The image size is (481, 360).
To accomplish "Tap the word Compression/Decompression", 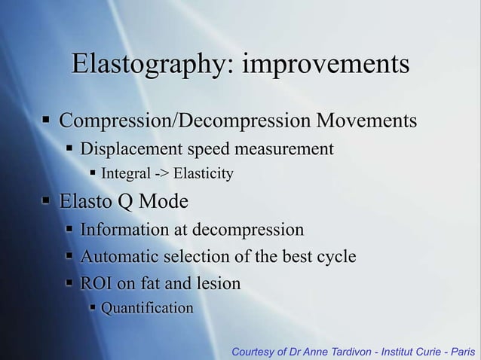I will pos(185,121).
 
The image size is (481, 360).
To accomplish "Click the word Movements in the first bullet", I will pos(366,121).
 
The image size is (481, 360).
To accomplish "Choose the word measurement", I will pos(288,148).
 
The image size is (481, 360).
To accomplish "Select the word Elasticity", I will pos(203,175).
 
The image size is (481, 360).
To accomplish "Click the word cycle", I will pos(333,257).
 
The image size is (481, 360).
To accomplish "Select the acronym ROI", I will pos(96,284).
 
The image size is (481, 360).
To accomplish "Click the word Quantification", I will pos(147,308).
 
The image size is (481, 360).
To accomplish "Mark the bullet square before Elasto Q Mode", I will pos(47,201).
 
